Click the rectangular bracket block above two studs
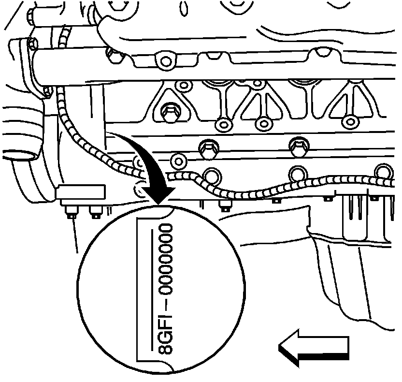coord(80,192)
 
